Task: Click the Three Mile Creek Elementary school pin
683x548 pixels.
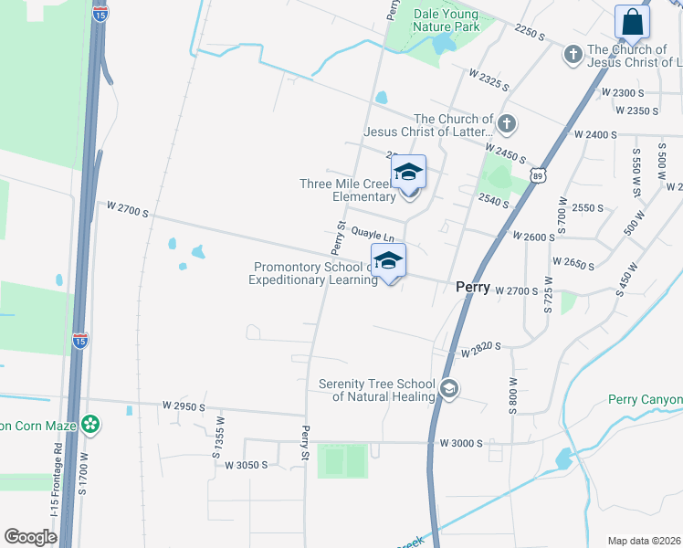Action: point(409,174)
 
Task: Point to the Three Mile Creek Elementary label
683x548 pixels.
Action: point(348,189)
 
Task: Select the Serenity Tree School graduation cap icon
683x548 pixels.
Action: point(448,389)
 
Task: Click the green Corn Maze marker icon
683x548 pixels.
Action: point(90,424)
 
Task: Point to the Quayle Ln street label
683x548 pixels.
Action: point(373,235)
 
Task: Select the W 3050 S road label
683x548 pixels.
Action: point(247,465)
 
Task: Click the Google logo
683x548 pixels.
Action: point(31,537)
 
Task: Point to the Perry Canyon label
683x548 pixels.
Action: point(646,400)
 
